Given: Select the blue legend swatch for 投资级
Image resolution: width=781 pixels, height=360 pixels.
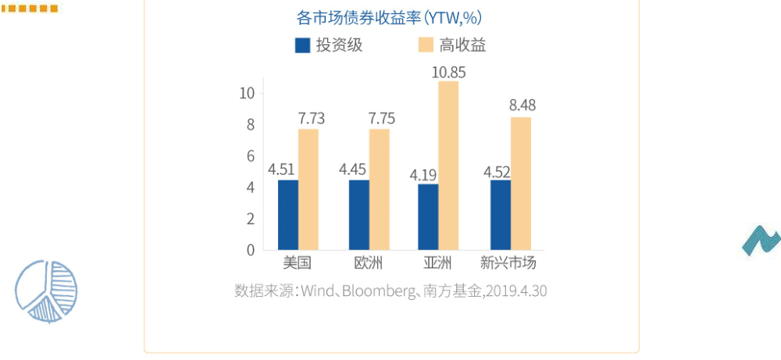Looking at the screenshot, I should [303, 45].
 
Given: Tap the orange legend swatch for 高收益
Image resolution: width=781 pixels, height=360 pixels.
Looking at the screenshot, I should [426, 45].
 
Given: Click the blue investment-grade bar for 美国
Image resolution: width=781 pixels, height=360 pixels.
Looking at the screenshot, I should [288, 215].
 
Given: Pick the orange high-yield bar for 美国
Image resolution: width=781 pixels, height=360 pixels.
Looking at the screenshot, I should [308, 190].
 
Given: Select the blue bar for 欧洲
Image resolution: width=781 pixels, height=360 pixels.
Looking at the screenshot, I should [359, 215].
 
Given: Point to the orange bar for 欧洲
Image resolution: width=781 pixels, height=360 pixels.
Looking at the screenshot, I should [380, 190].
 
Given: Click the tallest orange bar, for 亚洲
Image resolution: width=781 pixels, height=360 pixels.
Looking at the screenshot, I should [448, 166].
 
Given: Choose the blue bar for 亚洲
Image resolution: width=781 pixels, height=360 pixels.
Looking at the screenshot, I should [428, 217].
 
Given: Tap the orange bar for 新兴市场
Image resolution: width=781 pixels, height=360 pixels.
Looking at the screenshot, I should [521, 184].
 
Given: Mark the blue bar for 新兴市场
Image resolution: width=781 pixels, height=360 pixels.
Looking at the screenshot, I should [501, 215].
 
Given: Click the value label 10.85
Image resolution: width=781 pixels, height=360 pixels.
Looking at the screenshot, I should [448, 72].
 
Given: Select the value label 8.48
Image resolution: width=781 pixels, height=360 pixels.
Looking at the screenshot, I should [522, 105].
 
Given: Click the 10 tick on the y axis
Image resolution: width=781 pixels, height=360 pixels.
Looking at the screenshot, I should [248, 93].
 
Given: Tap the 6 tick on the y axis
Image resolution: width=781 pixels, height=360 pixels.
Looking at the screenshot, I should [251, 156].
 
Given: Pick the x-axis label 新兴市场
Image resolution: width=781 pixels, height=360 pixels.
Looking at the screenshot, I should [508, 262].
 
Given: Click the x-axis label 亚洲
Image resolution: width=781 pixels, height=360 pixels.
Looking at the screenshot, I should [437, 262].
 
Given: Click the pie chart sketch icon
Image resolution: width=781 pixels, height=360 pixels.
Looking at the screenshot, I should [46, 291].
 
